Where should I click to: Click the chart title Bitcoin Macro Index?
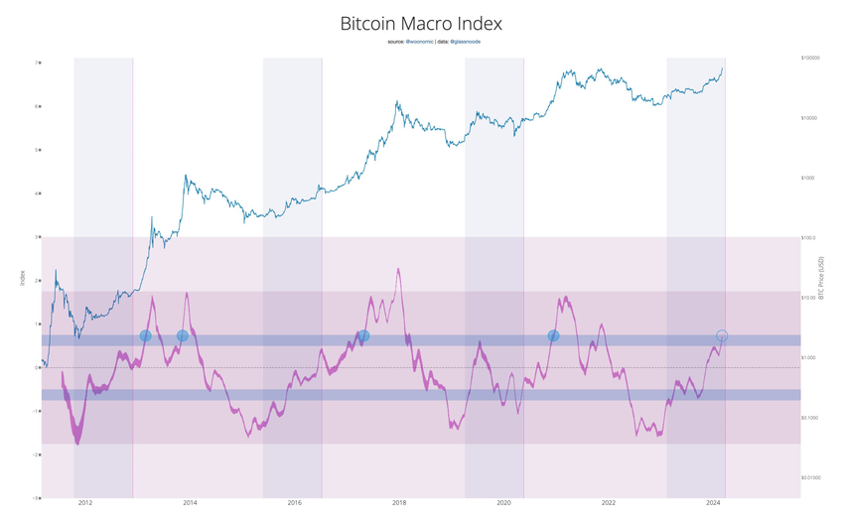pyautogui.click(x=421, y=23)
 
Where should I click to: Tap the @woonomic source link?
pyautogui.click(x=418, y=42)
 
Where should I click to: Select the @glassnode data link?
pyautogui.click(x=466, y=42)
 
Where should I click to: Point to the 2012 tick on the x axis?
pyautogui.click(x=85, y=504)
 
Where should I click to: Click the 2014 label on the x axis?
pyautogui.click(x=190, y=504)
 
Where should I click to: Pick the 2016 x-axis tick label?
pyautogui.click(x=294, y=504)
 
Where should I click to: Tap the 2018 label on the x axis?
pyautogui.click(x=399, y=504)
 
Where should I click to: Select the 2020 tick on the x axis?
pyautogui.click(x=503, y=504)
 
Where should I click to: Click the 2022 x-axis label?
pyautogui.click(x=609, y=504)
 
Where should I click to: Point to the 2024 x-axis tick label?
pyautogui.click(x=713, y=504)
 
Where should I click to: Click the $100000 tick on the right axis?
pyautogui.click(x=816, y=60)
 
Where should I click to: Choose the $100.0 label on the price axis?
pyautogui.click(x=809, y=238)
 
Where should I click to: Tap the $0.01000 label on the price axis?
pyautogui.click(x=813, y=477)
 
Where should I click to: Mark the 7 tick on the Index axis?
pyautogui.click(x=38, y=63)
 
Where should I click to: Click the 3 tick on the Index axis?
pyautogui.click(x=38, y=237)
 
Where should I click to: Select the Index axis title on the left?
pyautogui.click(x=22, y=281)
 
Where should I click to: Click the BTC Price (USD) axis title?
pyautogui.click(x=821, y=281)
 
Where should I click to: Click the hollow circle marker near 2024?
pyautogui.click(x=722, y=336)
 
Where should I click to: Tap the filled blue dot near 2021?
pyautogui.click(x=553, y=336)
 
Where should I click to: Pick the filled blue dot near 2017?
pyautogui.click(x=364, y=336)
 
